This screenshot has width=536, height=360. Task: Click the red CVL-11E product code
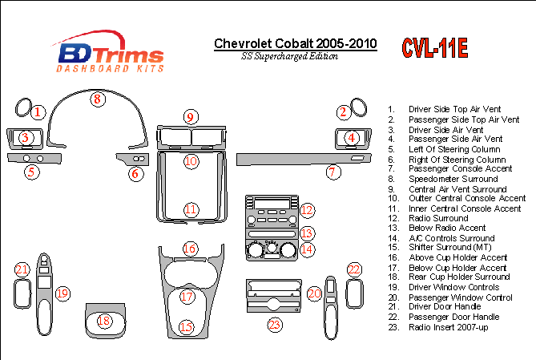434,47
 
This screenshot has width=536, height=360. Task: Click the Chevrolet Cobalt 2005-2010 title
296,43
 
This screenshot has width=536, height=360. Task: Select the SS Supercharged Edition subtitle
289,56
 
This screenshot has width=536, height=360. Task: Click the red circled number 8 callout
98,99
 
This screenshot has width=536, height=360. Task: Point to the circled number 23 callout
275,325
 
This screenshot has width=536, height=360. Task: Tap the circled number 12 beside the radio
307,210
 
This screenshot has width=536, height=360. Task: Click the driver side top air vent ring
23,107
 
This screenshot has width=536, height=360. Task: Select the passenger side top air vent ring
358,107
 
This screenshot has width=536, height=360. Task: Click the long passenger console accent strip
304,160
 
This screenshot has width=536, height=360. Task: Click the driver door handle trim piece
22,293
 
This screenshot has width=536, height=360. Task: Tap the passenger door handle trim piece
354,293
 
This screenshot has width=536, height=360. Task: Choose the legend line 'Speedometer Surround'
453,179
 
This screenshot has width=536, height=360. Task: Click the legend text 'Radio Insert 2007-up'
448,327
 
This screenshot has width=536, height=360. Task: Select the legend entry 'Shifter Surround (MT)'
449,248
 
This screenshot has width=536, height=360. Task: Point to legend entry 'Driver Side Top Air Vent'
454,109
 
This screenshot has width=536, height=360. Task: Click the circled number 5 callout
32,172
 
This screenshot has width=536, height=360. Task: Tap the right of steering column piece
133,159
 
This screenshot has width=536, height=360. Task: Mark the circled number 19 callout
63,293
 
